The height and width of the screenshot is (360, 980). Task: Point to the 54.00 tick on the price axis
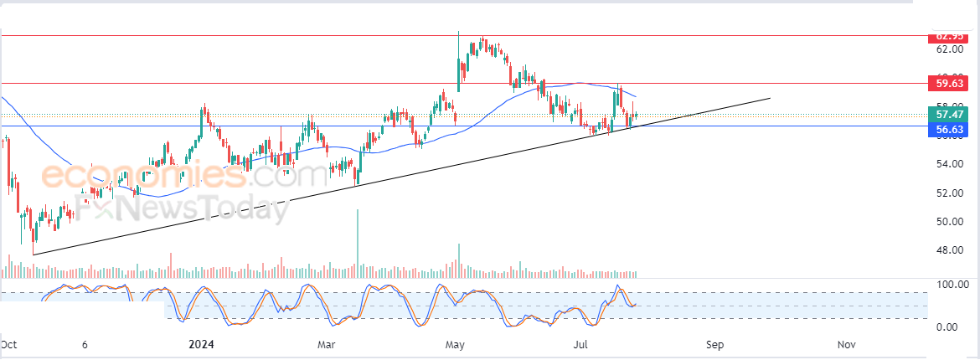949,164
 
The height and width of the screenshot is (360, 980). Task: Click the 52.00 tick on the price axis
949,193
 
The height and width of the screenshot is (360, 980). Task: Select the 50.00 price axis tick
949,222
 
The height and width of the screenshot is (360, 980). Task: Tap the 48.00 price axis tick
949,250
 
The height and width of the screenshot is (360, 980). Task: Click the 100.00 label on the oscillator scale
952,285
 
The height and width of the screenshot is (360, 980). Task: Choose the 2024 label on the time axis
202,344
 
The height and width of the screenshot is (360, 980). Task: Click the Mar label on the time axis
327,344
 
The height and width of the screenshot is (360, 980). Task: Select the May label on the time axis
455,344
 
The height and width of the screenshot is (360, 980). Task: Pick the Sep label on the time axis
714,344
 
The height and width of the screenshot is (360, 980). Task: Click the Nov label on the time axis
846,344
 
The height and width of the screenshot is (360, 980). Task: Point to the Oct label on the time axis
9,344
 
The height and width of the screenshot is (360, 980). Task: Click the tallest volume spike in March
358,242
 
